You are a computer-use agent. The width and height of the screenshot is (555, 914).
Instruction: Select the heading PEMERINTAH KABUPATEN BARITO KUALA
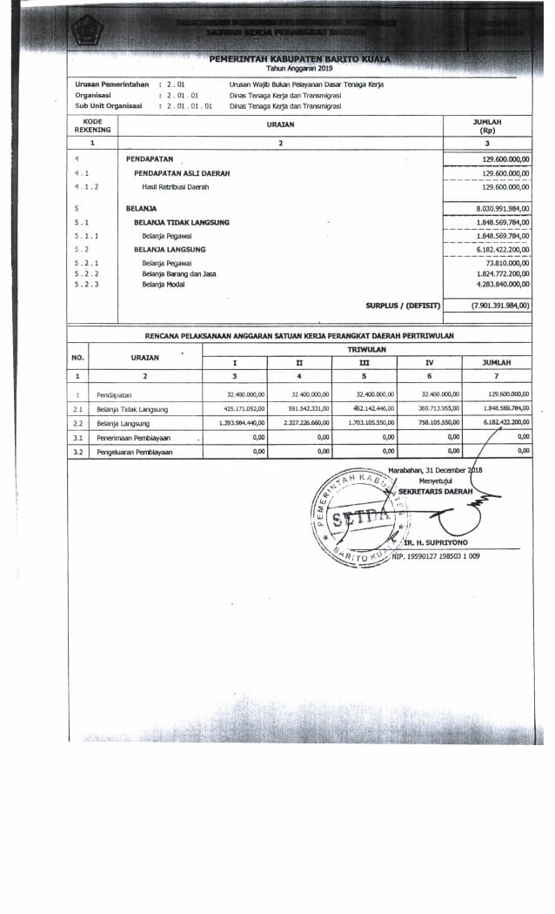tap(299, 58)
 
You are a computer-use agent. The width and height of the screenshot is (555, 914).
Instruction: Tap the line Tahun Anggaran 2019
tap(299, 67)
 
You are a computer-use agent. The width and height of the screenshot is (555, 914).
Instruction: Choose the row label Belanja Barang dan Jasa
tap(179, 273)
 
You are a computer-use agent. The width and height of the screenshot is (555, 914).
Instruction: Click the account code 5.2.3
tap(87, 285)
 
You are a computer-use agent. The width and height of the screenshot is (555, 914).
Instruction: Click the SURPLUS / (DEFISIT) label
tap(404, 306)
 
